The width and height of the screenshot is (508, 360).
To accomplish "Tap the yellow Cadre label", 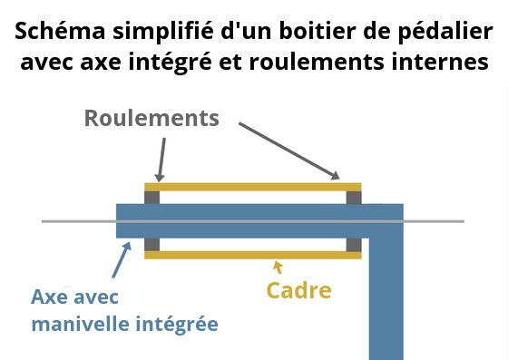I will click(298, 291).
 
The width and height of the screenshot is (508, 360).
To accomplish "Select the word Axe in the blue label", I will click(49, 297).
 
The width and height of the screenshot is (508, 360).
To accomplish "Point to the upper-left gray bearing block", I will click(151, 196).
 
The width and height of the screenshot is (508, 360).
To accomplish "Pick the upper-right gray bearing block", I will click(354, 196).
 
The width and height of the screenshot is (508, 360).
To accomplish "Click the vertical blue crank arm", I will click(386, 290).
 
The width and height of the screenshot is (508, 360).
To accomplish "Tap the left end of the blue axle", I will click(123, 220).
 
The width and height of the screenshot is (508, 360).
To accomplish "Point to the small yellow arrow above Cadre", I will click(278, 266).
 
